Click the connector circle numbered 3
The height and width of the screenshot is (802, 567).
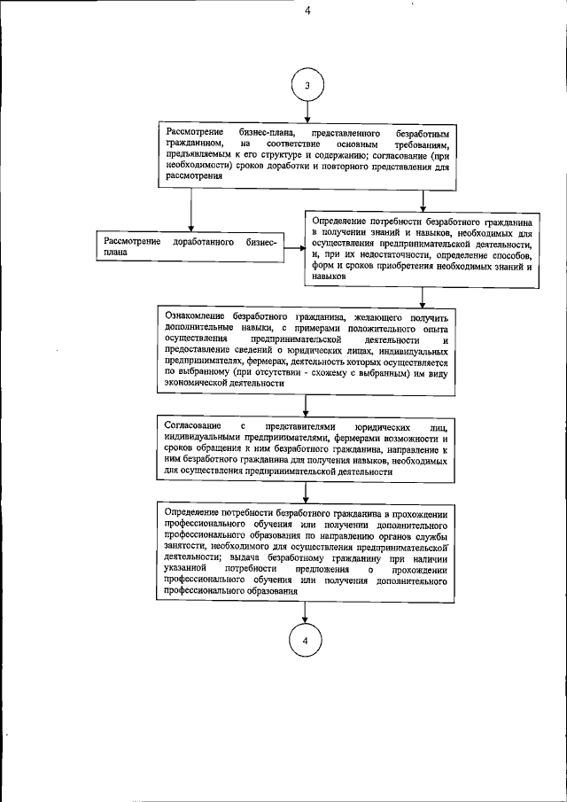307,85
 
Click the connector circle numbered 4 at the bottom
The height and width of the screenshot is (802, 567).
305,642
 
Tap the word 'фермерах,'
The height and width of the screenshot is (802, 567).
323,362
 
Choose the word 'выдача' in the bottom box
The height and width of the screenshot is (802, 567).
252,559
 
